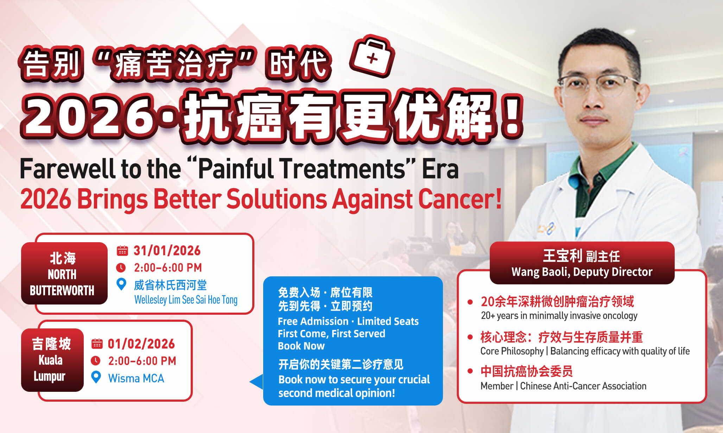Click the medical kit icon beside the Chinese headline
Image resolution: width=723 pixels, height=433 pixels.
coord(372,57)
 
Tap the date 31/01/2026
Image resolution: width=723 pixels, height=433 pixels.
coord(167,251)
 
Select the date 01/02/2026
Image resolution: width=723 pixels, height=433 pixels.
coord(141,344)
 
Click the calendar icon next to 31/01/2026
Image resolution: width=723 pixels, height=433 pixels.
coord(122,251)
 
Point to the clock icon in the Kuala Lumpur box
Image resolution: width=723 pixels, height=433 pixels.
coord(96,361)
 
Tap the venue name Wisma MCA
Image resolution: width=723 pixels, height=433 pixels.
coord(136,378)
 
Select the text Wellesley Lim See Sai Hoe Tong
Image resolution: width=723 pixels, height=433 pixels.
coord(186,300)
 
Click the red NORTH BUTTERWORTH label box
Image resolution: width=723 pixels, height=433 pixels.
coord(64,274)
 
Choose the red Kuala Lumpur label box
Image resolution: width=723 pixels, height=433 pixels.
coord(52,360)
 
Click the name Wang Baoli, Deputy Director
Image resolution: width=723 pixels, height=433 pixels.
coord(582,272)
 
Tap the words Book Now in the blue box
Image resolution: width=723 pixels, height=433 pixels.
coord(301,346)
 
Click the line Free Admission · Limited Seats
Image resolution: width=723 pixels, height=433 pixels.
coord(348,321)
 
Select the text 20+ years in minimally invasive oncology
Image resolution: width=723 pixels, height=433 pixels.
coord(559,316)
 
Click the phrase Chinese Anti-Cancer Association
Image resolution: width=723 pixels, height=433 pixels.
coord(583,386)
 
